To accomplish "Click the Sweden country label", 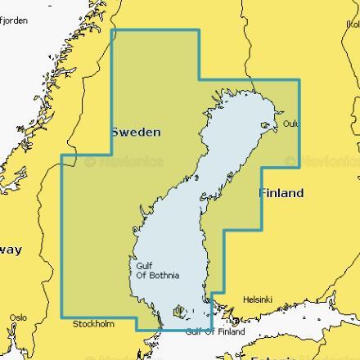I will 135,132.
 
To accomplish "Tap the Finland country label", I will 281,194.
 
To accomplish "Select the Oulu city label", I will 290,124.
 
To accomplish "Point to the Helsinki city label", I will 258,300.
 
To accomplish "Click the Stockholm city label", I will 94,325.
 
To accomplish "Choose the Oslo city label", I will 18,317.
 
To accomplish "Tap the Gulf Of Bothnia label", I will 152,271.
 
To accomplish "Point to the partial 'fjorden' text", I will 13,20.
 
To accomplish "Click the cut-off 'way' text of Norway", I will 11,250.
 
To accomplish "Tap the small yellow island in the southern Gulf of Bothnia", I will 178,311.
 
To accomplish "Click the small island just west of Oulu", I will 265,125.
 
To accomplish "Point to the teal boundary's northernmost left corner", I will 112,30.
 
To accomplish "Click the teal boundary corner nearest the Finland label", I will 262,168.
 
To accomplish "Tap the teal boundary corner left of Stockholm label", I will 62,317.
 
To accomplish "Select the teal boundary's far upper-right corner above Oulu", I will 299,80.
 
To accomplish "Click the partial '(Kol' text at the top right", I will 353,25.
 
